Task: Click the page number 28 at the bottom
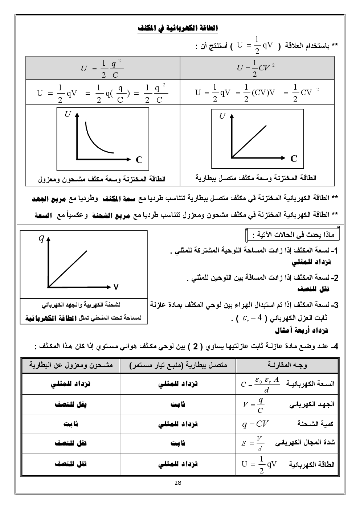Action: click(x=178, y=483)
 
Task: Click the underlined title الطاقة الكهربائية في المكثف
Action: click(x=178, y=28)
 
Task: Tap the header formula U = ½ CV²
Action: click(x=255, y=68)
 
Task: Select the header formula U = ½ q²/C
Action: click(x=102, y=68)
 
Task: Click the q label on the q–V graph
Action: click(x=42, y=238)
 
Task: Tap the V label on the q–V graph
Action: click(x=116, y=287)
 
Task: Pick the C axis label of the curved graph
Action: click(x=139, y=159)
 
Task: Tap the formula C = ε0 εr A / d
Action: click(x=261, y=384)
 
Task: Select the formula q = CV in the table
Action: click(x=255, y=424)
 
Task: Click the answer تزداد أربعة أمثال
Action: click(x=301, y=331)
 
